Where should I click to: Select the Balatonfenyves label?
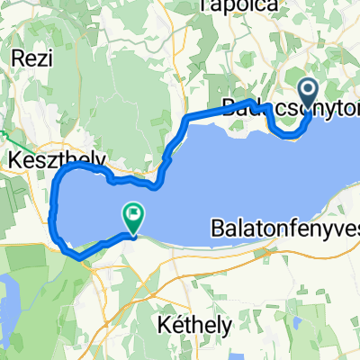286,225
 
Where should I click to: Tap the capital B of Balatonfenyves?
219,225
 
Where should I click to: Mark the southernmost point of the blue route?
81,257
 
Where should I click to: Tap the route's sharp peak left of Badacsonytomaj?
251,102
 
